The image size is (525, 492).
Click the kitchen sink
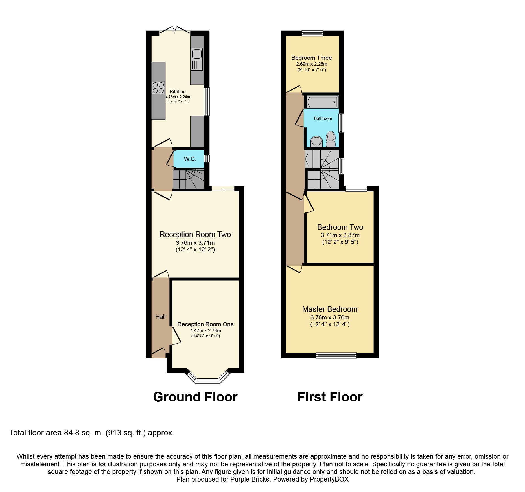tap(197, 59)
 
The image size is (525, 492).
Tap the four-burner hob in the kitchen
tap(158, 87)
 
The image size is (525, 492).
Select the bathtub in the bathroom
tap(322, 102)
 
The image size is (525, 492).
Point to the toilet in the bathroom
tap(331, 139)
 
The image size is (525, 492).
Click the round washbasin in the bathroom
tap(316, 142)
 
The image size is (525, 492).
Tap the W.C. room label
tap(190, 159)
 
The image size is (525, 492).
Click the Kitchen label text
tap(178, 92)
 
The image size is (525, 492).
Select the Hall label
tap(160, 317)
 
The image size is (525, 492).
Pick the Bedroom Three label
tap(312, 58)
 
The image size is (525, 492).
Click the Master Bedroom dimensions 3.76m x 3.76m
tap(330, 317)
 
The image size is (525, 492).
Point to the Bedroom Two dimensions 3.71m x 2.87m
tap(340, 235)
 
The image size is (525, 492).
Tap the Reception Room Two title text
tap(195, 235)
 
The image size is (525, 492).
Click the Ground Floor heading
tap(195, 397)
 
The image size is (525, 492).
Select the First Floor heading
tap(330, 397)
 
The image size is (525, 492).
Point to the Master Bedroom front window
tap(336, 356)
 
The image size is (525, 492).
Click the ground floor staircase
tap(189, 179)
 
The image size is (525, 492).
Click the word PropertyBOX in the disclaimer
tap(329, 479)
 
